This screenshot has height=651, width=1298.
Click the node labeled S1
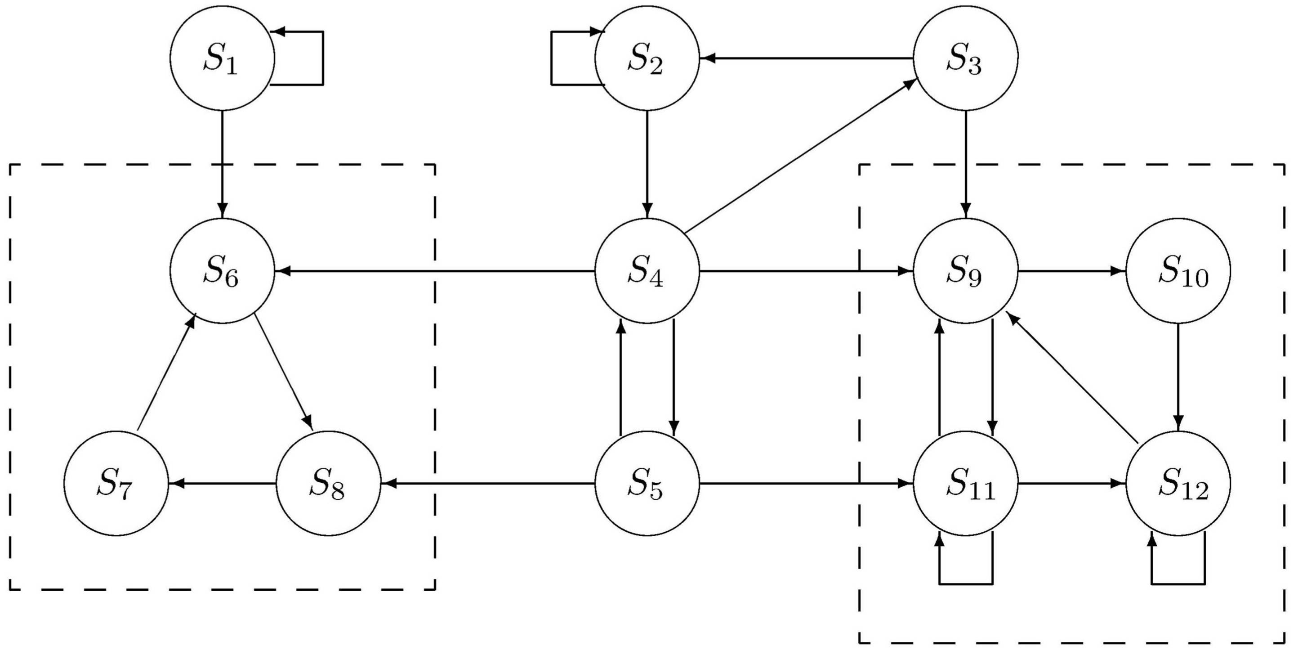[x=222, y=58]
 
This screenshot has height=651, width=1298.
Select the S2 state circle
[x=647, y=58]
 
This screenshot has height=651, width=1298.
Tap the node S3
[x=965, y=58]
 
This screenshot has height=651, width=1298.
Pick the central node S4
[x=647, y=271]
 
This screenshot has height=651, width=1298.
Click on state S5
[x=647, y=484]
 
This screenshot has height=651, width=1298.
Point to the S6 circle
[x=222, y=271]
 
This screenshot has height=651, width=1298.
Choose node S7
[x=116, y=484]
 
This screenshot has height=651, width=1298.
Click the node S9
[x=965, y=271]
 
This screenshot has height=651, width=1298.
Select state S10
[x=1178, y=271]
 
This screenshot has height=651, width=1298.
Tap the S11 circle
[x=965, y=484]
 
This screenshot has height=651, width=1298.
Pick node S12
[x=1178, y=484]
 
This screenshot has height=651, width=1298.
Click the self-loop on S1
[x=322, y=58]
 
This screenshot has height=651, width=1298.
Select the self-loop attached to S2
[x=552, y=58]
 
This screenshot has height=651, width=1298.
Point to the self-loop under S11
[x=965, y=584]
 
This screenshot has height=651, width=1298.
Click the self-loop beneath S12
[x=1178, y=584]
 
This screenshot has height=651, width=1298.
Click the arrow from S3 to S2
[x=806, y=58]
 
